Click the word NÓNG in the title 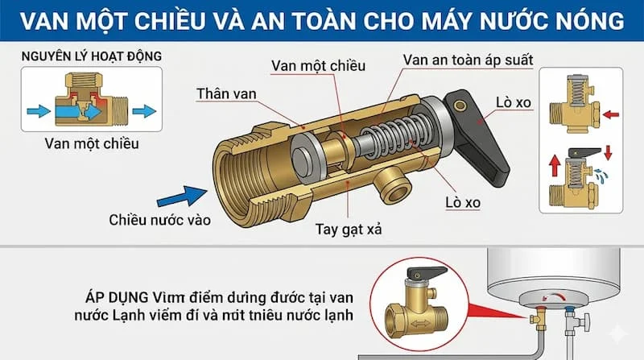pos(583,22)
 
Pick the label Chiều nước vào pos(160,219)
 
